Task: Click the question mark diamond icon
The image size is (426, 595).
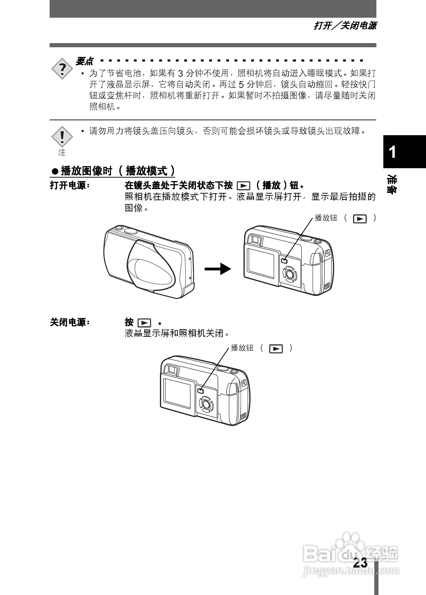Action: click(x=62, y=69)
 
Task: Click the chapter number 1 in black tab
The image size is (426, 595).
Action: click(x=392, y=152)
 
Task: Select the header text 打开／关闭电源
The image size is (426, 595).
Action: click(x=345, y=26)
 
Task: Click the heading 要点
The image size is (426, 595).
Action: click(x=84, y=62)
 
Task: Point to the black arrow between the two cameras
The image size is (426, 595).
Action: click(x=218, y=269)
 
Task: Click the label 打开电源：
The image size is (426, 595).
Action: click(x=69, y=185)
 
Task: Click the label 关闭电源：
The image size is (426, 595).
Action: click(x=69, y=323)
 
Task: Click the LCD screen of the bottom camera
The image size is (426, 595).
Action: click(x=177, y=393)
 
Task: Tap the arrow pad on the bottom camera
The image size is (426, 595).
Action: click(x=206, y=404)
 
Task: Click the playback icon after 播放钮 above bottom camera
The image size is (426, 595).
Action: click(x=276, y=349)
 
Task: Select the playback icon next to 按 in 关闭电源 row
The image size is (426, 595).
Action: click(x=144, y=323)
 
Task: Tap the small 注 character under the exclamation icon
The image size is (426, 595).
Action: click(x=62, y=152)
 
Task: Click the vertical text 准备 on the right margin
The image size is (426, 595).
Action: click(x=392, y=185)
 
